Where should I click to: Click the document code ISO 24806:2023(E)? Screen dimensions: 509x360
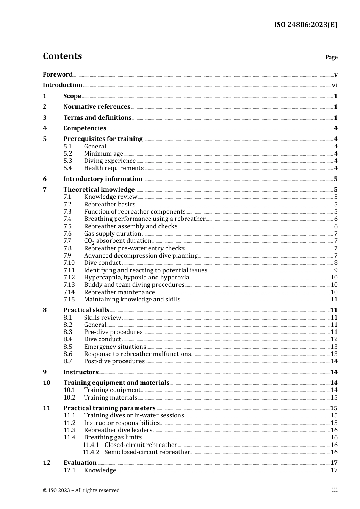click(x=305, y=25)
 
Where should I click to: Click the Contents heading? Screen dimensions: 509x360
click(x=62, y=56)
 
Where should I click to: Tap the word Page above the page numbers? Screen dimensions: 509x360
click(x=331, y=57)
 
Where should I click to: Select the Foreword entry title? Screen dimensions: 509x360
click(x=58, y=75)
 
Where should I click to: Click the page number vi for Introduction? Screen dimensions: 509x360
click(x=334, y=85)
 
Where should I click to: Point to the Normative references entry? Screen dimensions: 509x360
click(x=97, y=107)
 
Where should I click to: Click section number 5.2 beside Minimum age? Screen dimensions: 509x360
click(x=67, y=154)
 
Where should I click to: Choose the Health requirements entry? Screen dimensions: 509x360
click(x=114, y=168)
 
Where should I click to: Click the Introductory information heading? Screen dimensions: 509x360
click(x=103, y=179)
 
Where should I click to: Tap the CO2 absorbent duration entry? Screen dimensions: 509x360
click(x=117, y=241)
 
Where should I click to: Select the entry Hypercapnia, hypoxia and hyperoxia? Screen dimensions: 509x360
click(x=136, y=278)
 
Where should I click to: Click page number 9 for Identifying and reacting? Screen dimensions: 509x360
click(x=335, y=270)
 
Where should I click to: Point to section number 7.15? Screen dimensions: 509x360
click(x=69, y=300)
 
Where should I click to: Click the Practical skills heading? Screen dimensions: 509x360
click(x=86, y=310)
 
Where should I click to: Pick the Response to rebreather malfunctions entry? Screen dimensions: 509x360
click(x=137, y=354)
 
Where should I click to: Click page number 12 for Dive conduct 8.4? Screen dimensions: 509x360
click(x=334, y=339)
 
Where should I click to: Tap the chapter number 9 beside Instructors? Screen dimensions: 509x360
click(x=45, y=372)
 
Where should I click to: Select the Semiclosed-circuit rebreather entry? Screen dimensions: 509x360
click(x=147, y=452)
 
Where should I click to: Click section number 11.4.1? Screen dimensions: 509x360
click(x=91, y=445)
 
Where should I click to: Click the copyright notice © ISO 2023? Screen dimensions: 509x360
click(x=81, y=490)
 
